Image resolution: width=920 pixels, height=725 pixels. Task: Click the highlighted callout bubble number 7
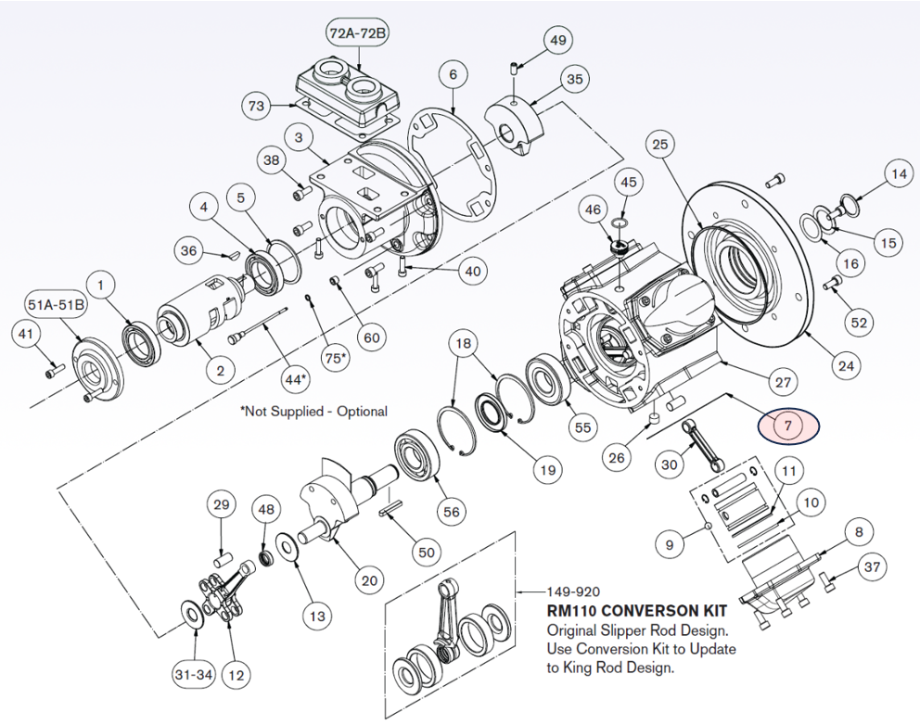point(788,426)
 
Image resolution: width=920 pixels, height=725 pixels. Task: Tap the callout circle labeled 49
point(557,41)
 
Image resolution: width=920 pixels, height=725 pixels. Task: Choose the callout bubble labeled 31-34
point(193,675)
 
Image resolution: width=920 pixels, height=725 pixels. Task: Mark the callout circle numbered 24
point(845,366)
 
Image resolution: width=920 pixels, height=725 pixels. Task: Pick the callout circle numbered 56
point(452,512)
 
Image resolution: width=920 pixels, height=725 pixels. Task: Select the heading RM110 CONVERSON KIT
point(636,612)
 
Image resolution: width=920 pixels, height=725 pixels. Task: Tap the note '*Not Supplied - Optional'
point(313,411)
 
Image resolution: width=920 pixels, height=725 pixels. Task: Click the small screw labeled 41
point(54,372)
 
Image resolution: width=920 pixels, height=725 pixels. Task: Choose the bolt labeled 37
point(827,582)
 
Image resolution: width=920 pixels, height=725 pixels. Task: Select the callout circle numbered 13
point(316,615)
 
